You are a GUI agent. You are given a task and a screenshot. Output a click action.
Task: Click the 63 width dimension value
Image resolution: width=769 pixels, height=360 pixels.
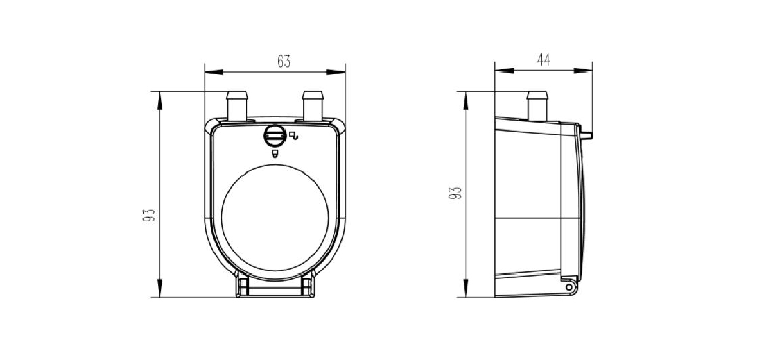(x=283, y=62)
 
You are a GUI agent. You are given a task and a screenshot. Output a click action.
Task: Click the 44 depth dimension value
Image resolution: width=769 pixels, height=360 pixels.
(x=544, y=60)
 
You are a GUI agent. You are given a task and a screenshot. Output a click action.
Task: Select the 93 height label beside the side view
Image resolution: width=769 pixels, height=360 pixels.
(x=455, y=193)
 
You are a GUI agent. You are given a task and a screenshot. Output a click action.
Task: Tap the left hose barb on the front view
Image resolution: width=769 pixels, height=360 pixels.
(x=237, y=106)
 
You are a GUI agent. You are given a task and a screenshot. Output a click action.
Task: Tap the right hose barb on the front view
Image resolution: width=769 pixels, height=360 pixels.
(x=313, y=106)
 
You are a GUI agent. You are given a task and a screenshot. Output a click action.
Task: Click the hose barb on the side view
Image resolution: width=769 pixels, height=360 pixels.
(x=537, y=106)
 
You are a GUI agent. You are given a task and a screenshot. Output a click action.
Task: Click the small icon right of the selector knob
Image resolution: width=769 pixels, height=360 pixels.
(x=293, y=135)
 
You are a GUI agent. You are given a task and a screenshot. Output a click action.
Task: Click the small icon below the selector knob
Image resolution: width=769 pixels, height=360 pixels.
(x=275, y=153)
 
